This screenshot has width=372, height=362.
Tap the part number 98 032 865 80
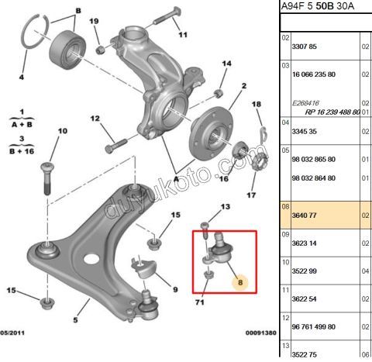click(x=314, y=159)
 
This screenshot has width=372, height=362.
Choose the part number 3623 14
click(x=302, y=243)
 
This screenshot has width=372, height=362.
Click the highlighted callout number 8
click(x=240, y=283)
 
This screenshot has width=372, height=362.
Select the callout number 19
click(x=94, y=21)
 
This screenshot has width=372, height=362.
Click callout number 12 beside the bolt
click(x=94, y=119)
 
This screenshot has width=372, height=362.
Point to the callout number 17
click(x=250, y=195)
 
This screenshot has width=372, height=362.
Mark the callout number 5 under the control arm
click(x=76, y=319)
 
